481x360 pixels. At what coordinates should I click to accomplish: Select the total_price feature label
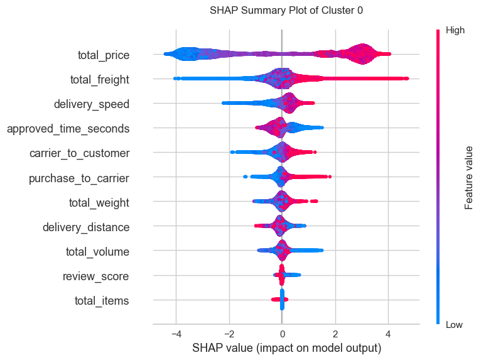[104, 55]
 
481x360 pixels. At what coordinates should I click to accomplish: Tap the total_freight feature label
[100, 80]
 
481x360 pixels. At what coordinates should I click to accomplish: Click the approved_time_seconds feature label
[68, 129]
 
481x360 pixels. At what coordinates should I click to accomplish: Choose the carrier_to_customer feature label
[80, 153]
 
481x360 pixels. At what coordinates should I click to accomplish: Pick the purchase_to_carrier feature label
[79, 178]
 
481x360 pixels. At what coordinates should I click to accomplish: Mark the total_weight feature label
[99, 203]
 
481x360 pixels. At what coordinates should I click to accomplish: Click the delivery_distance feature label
[86, 227]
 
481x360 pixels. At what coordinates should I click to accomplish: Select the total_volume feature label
[97, 252]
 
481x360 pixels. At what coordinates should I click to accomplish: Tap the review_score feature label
[96, 276]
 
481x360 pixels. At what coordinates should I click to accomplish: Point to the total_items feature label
[102, 301]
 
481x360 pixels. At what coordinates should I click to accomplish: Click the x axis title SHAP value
[286, 347]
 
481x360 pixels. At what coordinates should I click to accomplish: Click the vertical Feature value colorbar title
[468, 176]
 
